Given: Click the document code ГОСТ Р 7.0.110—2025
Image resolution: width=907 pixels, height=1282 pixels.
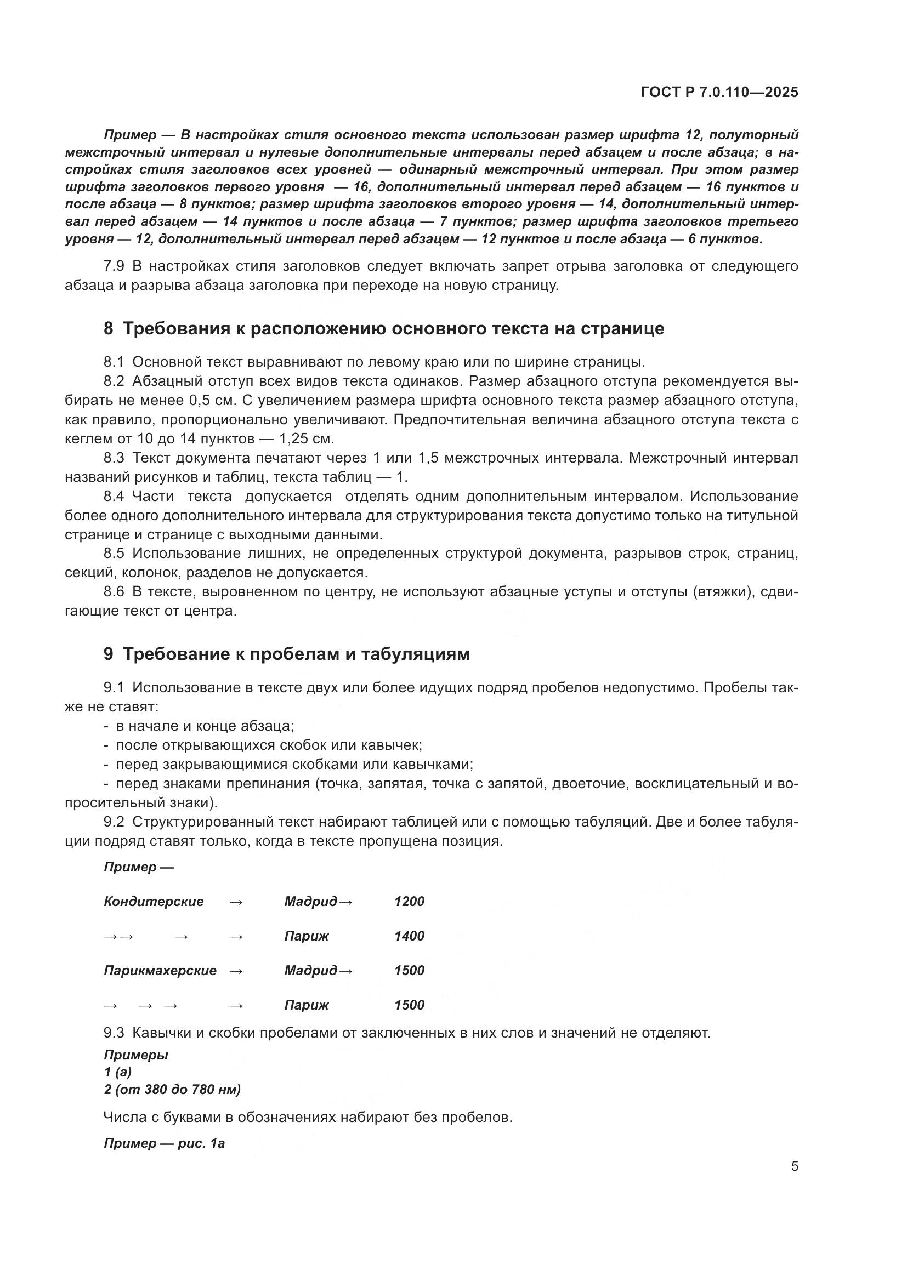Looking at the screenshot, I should [719, 93].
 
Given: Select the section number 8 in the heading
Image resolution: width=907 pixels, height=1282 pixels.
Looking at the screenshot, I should [108, 329].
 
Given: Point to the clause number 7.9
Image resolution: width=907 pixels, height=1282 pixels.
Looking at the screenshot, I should [114, 266].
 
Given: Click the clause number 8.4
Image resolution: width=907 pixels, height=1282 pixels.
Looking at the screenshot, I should [114, 497].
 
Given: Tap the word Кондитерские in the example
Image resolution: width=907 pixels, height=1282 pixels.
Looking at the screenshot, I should [154, 902].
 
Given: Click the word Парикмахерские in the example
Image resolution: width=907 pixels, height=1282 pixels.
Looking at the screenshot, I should [160, 971].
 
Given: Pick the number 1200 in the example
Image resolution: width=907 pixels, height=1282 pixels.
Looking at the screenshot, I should [410, 902].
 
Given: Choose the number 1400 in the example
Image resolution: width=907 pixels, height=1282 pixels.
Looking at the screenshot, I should [410, 936].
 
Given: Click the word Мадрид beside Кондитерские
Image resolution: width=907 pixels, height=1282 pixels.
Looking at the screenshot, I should [310, 902].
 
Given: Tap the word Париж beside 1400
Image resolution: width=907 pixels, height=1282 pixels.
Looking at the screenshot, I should [306, 936].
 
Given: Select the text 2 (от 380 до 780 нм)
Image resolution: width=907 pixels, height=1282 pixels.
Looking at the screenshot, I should [172, 1090].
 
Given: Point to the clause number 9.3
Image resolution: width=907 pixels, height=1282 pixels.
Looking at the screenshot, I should [114, 1033].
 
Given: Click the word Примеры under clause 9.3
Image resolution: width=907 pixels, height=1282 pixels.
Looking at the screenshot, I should [135, 1055].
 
